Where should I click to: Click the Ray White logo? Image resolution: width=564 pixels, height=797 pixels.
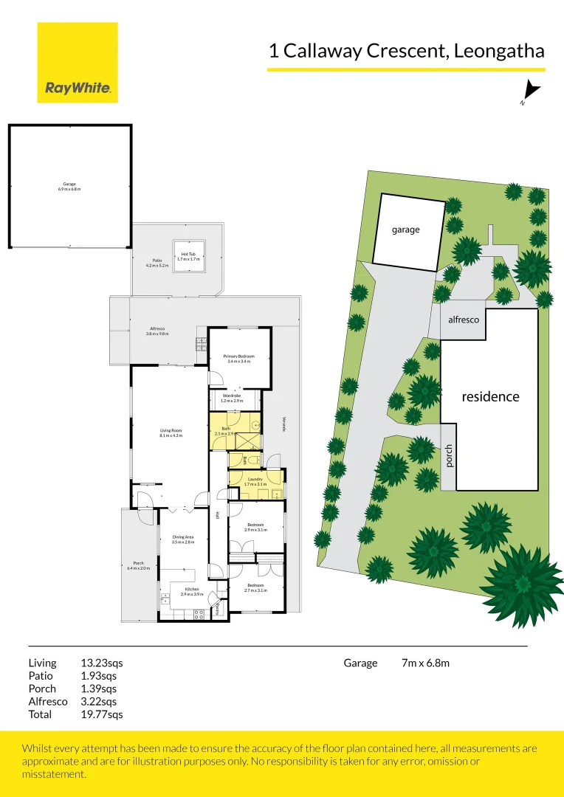(78, 63)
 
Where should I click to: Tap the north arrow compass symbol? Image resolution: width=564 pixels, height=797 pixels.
(531, 92)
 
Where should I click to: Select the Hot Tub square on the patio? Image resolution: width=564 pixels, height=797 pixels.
(188, 256)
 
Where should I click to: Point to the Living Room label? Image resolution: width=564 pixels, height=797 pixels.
(171, 433)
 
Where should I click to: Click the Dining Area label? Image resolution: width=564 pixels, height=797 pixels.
(182, 539)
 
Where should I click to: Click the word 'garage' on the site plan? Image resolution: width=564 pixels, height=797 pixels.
(405, 230)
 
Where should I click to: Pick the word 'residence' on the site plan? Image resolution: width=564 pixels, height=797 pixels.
(490, 396)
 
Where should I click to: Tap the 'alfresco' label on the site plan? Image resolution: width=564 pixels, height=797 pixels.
(464, 320)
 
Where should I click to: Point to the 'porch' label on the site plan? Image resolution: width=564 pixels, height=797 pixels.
(448, 456)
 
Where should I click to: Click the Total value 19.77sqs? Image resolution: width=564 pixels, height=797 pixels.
(101, 714)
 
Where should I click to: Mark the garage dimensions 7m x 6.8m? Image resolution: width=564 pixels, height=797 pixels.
(425, 663)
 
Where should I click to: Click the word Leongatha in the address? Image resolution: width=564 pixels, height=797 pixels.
(500, 51)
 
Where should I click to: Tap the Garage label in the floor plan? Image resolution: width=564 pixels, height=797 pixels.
(69, 186)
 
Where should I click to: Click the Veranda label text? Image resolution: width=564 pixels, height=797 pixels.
(282, 424)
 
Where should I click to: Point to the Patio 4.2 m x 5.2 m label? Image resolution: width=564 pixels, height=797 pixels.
(157, 262)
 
